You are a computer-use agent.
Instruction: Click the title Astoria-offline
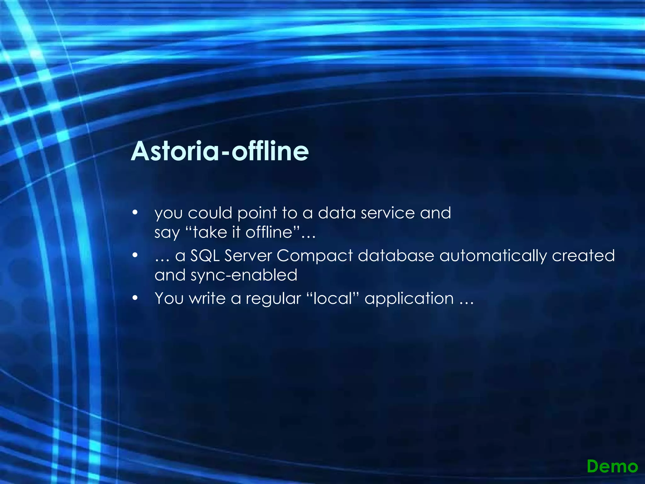click(x=220, y=151)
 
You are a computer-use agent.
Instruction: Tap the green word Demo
click(x=612, y=466)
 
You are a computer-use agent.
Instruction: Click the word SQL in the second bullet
click(x=205, y=256)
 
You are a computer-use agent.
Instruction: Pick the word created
click(x=583, y=256)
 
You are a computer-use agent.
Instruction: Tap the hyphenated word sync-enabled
click(x=244, y=275)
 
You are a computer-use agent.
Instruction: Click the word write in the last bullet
click(x=207, y=298)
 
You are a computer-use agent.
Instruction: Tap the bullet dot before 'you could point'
click(x=135, y=213)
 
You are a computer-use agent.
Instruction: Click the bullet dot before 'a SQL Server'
click(x=135, y=255)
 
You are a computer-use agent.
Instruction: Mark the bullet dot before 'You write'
click(x=135, y=298)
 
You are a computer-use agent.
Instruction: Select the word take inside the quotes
click(x=210, y=233)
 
